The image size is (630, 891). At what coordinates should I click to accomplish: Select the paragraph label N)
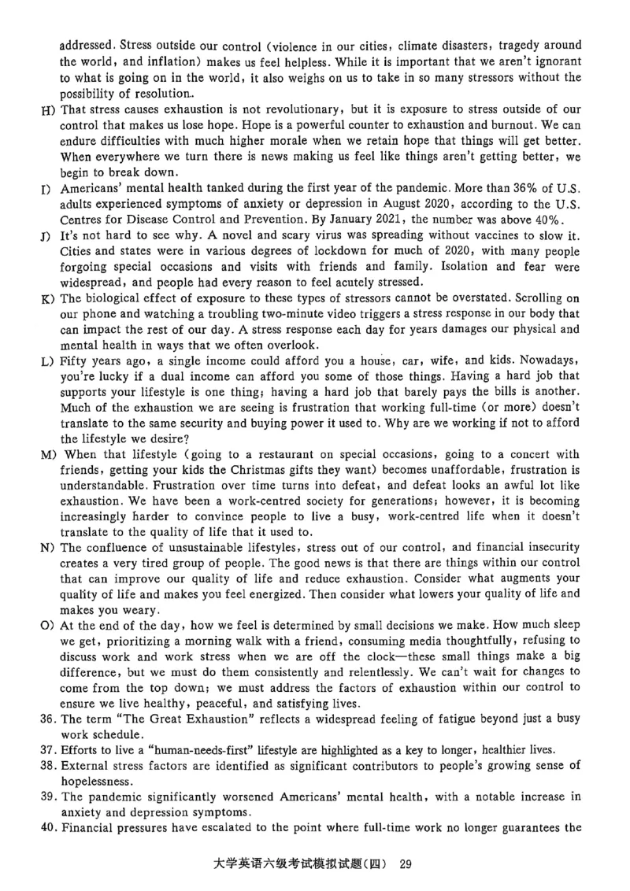pyautogui.click(x=48, y=547)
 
